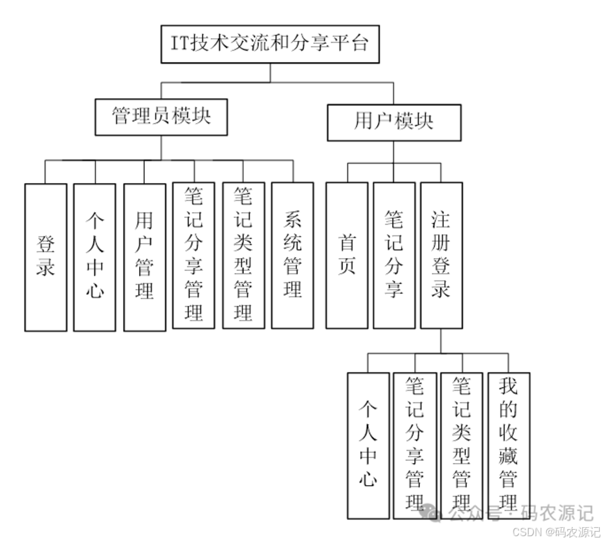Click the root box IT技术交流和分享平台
pyautogui.click(x=270, y=44)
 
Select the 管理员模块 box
pyautogui.click(x=161, y=116)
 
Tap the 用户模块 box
pyautogui.click(x=393, y=122)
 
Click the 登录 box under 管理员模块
pyautogui.click(x=45, y=257)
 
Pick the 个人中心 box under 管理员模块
pyautogui.click(x=94, y=257)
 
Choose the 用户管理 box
pyautogui.click(x=144, y=257)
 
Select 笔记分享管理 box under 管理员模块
pyautogui.click(x=193, y=255)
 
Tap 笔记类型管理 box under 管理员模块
pyautogui.click(x=243, y=255)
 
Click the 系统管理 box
pyautogui.click(x=292, y=255)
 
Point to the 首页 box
pyautogui.click(x=346, y=255)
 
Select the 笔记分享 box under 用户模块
pyautogui.click(x=393, y=255)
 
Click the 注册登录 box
pyautogui.click(x=441, y=255)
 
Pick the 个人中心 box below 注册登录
pyautogui.click(x=368, y=445)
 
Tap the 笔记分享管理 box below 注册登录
pyautogui.click(x=415, y=445)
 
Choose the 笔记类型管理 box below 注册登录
pyautogui.click(x=461, y=445)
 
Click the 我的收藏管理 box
pyautogui.click(x=509, y=445)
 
